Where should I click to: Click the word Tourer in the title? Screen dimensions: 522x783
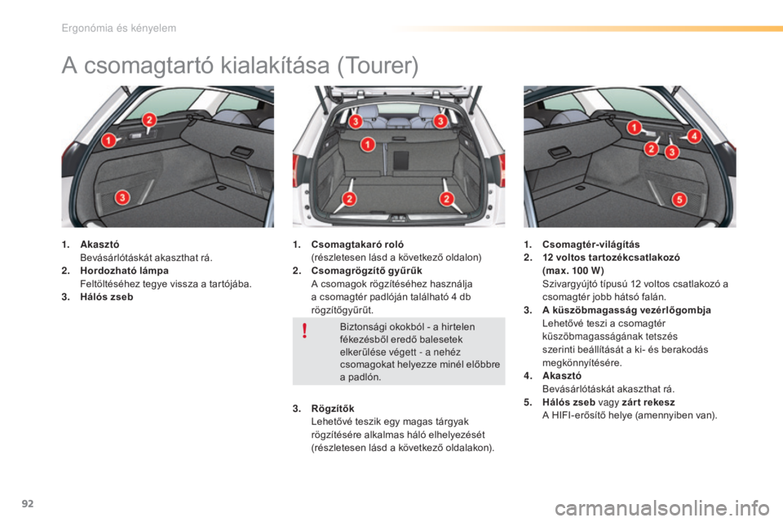click(x=378, y=65)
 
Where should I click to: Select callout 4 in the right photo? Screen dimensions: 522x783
click(x=694, y=135)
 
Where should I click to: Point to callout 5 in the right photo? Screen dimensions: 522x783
click(x=679, y=199)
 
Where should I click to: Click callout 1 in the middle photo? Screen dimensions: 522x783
click(x=367, y=144)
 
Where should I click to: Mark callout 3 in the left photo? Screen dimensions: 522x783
click(x=120, y=197)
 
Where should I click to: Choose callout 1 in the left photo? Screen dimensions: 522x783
click(x=107, y=142)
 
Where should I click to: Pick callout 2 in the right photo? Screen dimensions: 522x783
click(x=652, y=148)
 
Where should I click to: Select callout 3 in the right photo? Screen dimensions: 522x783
click(x=673, y=153)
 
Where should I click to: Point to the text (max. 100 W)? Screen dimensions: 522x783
click(x=574, y=270)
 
